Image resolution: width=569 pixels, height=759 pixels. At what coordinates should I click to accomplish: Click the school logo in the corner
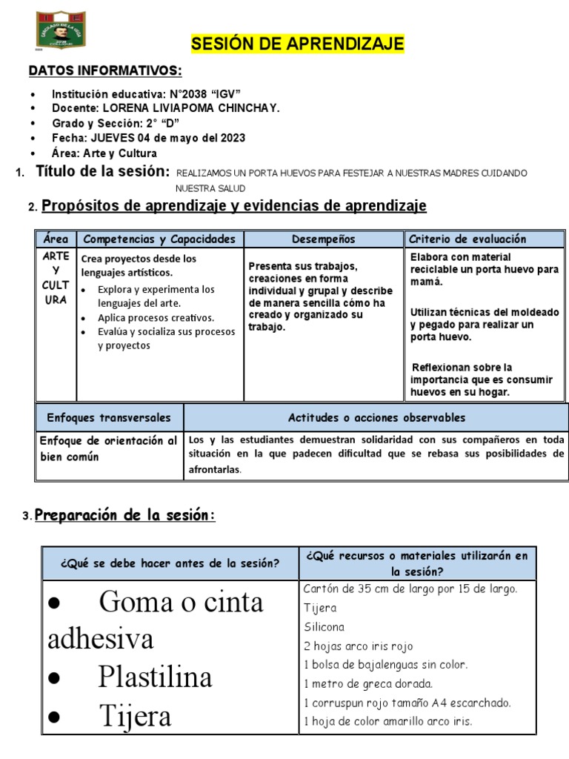[x=61, y=30]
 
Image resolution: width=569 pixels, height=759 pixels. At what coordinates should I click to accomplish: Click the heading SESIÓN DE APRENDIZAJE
[x=298, y=44]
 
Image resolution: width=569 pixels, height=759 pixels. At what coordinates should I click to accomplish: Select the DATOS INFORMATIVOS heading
[x=104, y=71]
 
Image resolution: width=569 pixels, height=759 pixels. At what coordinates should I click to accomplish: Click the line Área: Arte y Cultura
[x=104, y=153]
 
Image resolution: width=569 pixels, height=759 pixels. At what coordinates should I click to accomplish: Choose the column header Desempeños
[x=323, y=239]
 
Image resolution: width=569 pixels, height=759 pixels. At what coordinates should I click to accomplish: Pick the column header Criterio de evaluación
[x=467, y=239]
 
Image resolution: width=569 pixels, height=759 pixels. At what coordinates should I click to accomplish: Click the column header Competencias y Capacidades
[x=159, y=239]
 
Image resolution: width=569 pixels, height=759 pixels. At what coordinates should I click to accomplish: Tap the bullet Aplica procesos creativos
[x=156, y=317]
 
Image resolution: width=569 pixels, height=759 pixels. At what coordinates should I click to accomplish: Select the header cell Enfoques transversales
[x=109, y=417]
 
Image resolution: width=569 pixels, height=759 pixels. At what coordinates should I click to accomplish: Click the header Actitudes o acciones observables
[x=376, y=417]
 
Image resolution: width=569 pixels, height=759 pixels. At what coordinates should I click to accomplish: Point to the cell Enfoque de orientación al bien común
[x=108, y=448]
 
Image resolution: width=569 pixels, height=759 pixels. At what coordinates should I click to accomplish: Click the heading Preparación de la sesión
[x=124, y=515]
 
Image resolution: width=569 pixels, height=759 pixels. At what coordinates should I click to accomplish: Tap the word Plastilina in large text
[x=154, y=677]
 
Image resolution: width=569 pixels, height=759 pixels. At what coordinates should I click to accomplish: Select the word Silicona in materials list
[x=324, y=627]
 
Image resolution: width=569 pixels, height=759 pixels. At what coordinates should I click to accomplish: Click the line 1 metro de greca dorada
[x=368, y=683]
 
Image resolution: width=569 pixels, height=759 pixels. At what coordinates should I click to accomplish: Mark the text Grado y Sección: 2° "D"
[x=116, y=123]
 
